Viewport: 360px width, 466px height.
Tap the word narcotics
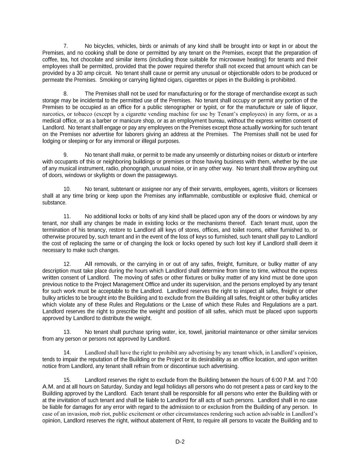point(53,114)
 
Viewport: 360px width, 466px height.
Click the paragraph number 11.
point(67,216)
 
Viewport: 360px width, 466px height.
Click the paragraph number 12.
point(67,264)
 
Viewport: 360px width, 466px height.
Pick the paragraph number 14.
point(67,353)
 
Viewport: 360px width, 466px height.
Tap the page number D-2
point(180,442)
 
